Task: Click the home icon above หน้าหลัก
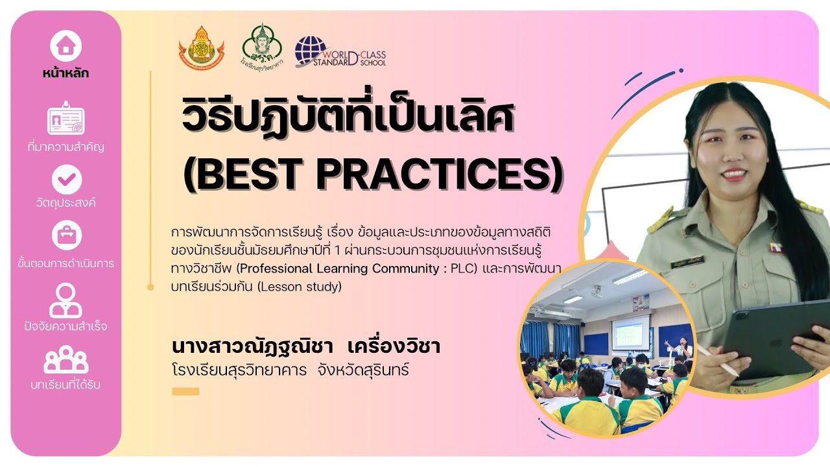pyautogui.click(x=66, y=45)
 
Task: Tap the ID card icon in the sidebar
pyautogui.click(x=66, y=119)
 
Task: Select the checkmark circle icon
pyautogui.click(x=66, y=179)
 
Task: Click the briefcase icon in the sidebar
pyautogui.click(x=66, y=236)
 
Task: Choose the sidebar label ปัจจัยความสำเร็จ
pyautogui.click(x=66, y=326)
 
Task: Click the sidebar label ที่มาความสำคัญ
pyautogui.click(x=66, y=147)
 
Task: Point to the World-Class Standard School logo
pyautogui.click(x=340, y=52)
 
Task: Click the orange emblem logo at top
pyautogui.click(x=201, y=48)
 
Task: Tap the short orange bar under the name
pyautogui.click(x=185, y=391)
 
